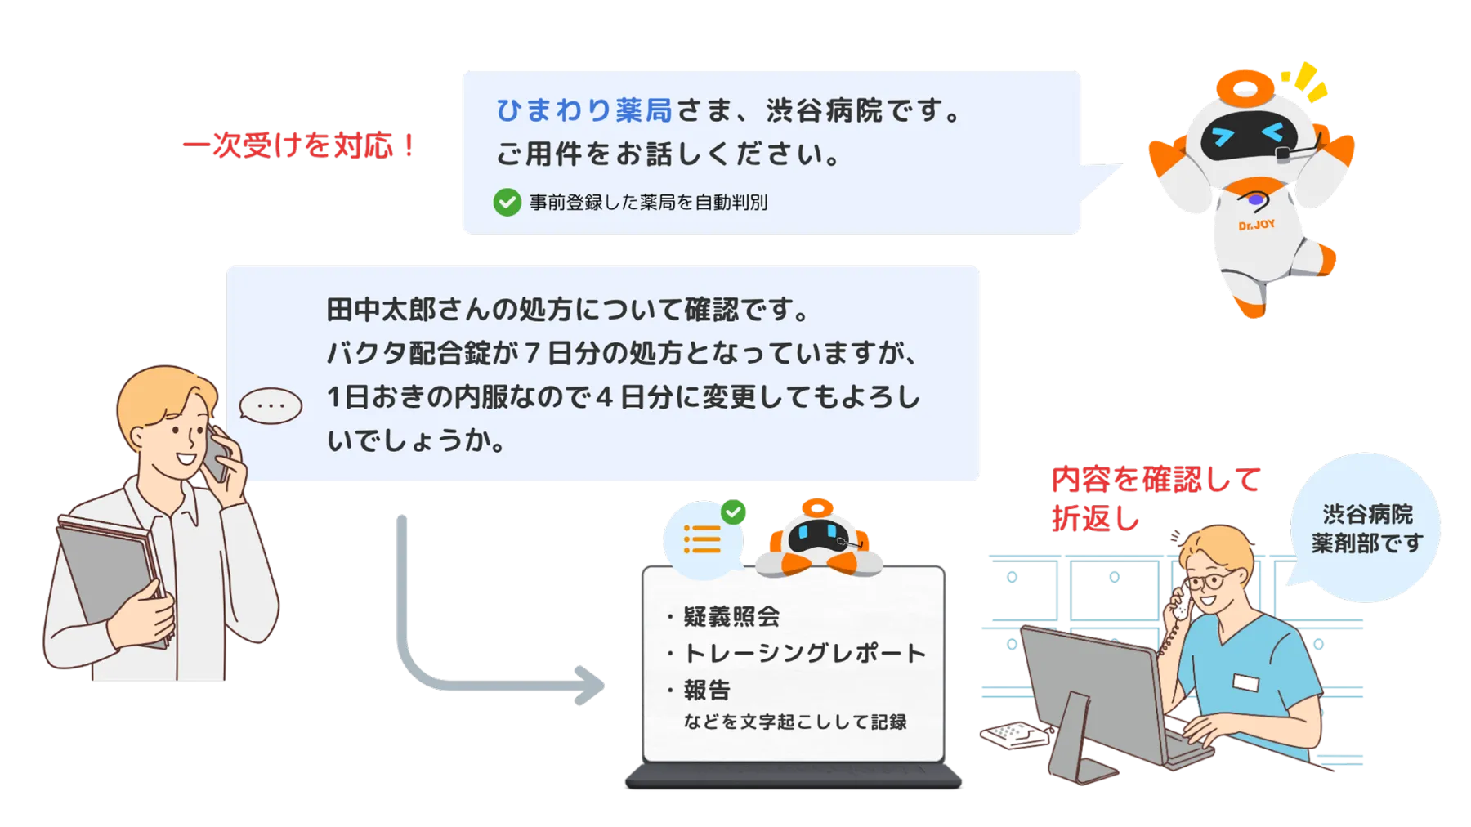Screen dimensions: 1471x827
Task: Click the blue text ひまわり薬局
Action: click(x=583, y=110)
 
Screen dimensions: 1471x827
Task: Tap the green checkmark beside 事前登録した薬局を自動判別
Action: click(x=507, y=202)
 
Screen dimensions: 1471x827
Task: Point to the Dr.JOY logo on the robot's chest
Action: click(x=1256, y=224)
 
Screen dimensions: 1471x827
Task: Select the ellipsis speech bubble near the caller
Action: click(x=271, y=405)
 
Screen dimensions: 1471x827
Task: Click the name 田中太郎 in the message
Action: click(x=381, y=311)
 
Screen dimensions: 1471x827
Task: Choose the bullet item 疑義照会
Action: click(x=731, y=616)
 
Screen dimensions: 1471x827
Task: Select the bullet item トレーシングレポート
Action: click(x=804, y=653)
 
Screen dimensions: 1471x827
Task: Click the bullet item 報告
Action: click(x=707, y=691)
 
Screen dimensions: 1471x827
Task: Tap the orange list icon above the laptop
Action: click(x=702, y=539)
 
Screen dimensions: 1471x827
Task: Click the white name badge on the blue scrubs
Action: click(x=1246, y=682)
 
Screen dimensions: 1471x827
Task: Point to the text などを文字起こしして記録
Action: click(x=794, y=722)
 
